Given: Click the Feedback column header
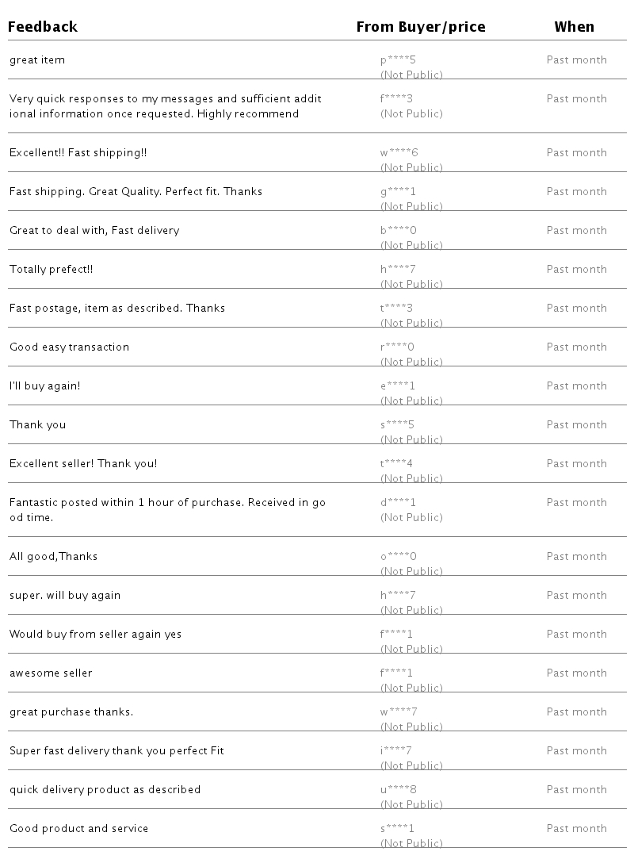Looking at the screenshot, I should (43, 27).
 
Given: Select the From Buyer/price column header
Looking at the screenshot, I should (420, 27).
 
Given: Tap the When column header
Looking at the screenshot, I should (574, 27).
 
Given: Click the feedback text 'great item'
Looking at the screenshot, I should (37, 60).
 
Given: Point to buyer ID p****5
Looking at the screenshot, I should (398, 60).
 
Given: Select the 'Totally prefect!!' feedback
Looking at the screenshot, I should (52, 270).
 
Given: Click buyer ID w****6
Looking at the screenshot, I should (399, 153).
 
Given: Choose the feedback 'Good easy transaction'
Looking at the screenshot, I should (69, 347).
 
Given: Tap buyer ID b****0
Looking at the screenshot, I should (399, 231).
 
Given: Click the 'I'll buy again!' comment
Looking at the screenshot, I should (44, 386).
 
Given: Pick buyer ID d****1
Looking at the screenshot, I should (398, 503).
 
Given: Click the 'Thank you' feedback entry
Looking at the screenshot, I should (37, 425).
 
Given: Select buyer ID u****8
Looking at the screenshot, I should (399, 790).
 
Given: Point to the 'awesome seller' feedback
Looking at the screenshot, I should (51, 673).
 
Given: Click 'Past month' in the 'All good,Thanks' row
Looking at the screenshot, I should (576, 557).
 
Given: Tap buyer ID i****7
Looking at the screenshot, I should (396, 751).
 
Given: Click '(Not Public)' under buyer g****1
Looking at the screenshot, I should (411, 207).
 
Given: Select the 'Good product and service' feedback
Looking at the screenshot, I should (78, 829).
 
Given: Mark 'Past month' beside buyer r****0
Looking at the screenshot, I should (576, 347).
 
